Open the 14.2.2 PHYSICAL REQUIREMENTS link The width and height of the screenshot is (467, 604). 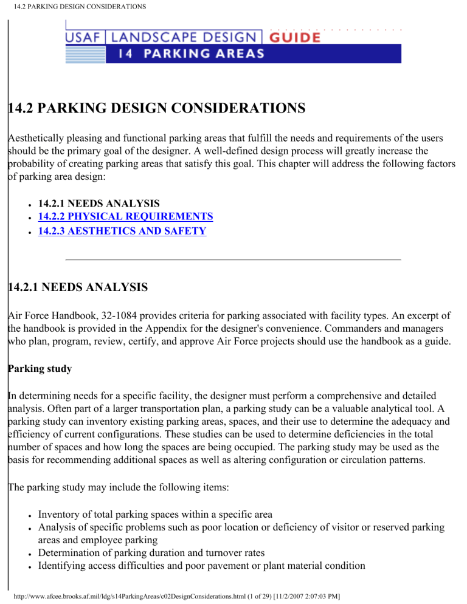tap(125, 216)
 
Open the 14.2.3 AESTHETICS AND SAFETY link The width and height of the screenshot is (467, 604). tap(122, 231)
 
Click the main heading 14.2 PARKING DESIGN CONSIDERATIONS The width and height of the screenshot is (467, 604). tap(156, 109)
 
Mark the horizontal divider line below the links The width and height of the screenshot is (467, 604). tap(233, 259)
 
